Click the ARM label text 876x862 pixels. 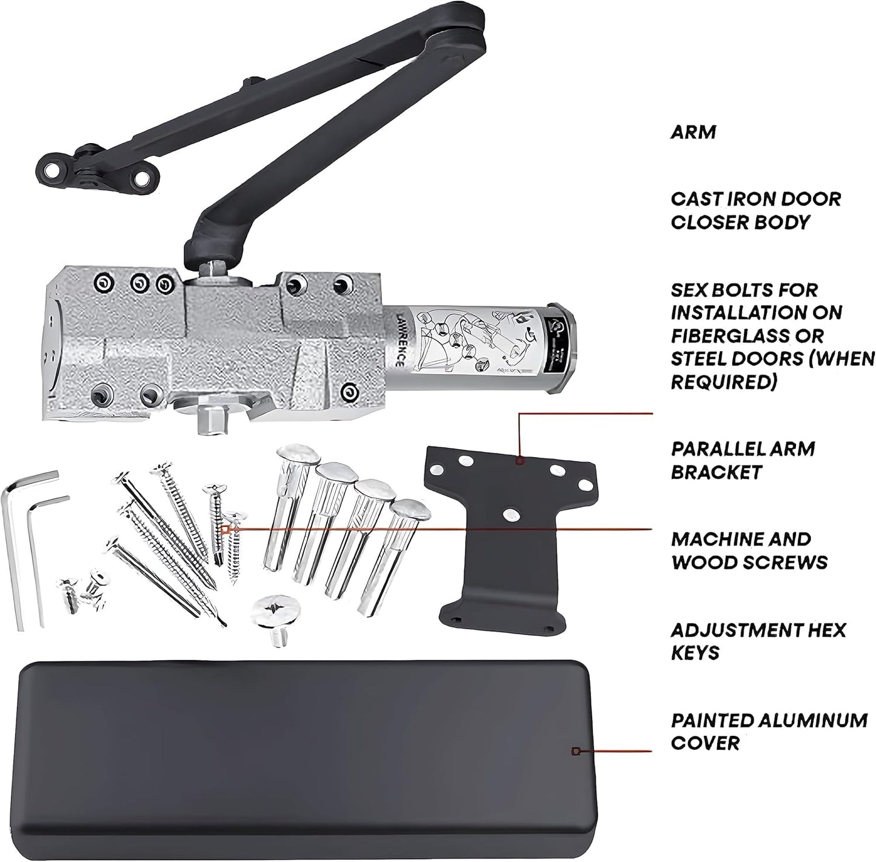693,132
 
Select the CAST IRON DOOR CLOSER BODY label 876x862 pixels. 755,210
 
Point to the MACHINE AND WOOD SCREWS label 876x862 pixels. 749,550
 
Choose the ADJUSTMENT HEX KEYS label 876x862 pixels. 757,641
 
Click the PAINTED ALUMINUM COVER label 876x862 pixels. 768,732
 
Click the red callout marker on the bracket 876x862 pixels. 519,462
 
